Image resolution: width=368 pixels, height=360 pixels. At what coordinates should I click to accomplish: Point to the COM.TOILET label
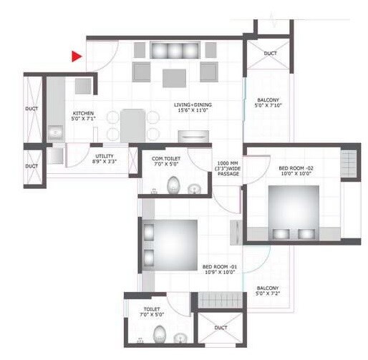tap(170, 160)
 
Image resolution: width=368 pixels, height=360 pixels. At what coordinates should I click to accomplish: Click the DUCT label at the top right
tap(270, 54)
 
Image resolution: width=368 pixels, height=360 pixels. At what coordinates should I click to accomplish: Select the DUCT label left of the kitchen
tap(32, 110)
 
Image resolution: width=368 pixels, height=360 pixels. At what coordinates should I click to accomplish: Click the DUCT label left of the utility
tap(32, 166)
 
